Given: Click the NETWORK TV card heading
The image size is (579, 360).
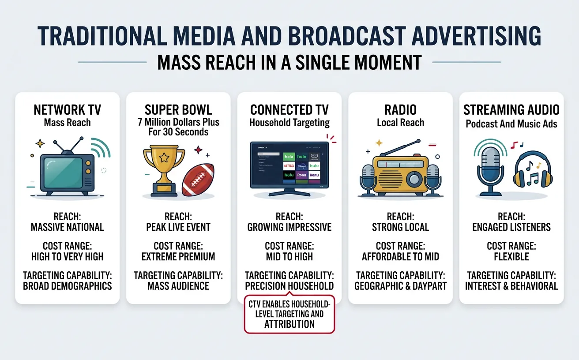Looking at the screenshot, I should (x=67, y=110).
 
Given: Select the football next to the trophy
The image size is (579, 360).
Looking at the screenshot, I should (x=198, y=182).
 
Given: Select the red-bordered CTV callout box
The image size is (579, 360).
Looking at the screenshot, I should (x=289, y=314).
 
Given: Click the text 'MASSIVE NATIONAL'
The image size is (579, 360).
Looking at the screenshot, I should (x=67, y=227).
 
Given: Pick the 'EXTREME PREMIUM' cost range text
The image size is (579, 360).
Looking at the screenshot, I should (x=178, y=256).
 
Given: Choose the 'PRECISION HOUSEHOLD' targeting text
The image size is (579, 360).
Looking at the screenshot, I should (x=289, y=286).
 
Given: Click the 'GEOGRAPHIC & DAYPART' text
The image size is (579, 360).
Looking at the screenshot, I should (x=401, y=286).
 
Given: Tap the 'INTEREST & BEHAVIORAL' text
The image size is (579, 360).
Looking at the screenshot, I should (x=511, y=286).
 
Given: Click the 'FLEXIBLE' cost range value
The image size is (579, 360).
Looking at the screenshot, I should (x=511, y=256).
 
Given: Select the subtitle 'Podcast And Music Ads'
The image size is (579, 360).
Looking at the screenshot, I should (x=511, y=124).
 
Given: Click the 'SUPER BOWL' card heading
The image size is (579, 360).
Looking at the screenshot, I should (x=178, y=110).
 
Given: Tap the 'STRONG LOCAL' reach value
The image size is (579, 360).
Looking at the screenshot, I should (x=401, y=227).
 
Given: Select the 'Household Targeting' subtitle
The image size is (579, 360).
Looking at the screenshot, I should (x=289, y=123).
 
